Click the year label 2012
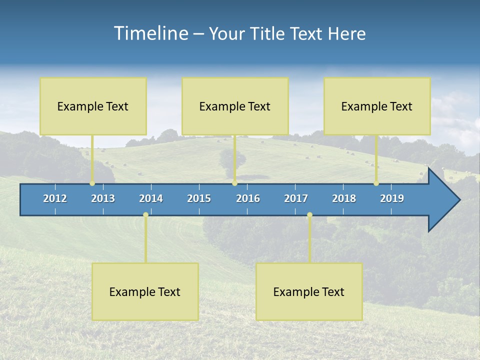[x=55, y=198]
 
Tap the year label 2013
[x=103, y=198]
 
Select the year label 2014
[x=151, y=198]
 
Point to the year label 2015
[x=199, y=198]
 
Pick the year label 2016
[x=248, y=198]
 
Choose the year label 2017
[x=296, y=198]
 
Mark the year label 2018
[x=344, y=198]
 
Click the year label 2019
[x=392, y=198]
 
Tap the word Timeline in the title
[x=150, y=33]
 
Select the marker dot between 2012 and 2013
[x=92, y=183]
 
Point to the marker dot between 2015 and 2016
[x=234, y=183]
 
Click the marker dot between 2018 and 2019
[x=376, y=183]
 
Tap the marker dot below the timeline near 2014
[x=145, y=215]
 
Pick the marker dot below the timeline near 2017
[x=309, y=215]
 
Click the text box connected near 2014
[x=145, y=291]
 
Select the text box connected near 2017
[x=309, y=291]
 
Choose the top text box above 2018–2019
[x=377, y=106]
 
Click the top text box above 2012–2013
[x=93, y=106]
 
